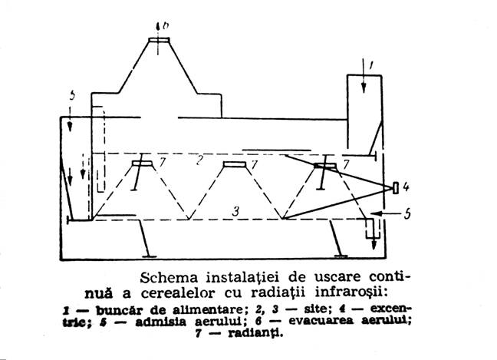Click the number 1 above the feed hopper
click(x=370, y=65)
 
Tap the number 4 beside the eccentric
click(x=406, y=187)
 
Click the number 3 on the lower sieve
click(x=235, y=212)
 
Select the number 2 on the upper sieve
click(x=199, y=161)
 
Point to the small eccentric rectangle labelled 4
click(x=396, y=188)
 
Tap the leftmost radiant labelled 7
click(x=142, y=163)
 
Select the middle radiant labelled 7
click(x=235, y=164)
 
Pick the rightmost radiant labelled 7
click(x=325, y=165)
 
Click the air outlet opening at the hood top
click(x=159, y=40)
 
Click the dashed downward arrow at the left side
click(x=83, y=167)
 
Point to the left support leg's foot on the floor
click(x=150, y=256)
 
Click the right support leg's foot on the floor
click(x=341, y=256)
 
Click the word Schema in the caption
click(x=169, y=278)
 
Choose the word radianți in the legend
click(x=255, y=333)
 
